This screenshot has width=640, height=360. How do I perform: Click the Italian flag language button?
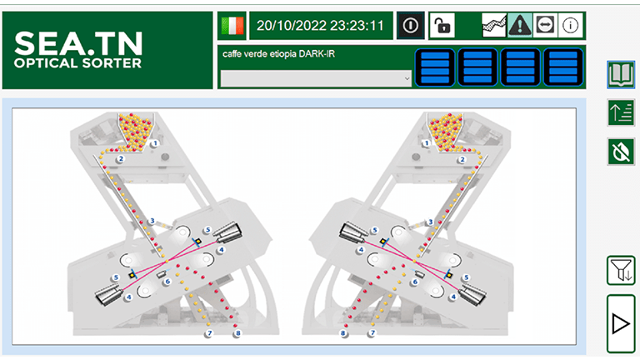point(232,26)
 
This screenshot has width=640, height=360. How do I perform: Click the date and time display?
point(321,26)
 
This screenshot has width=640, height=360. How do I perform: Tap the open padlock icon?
point(442,26)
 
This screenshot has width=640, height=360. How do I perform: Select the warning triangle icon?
point(520,26)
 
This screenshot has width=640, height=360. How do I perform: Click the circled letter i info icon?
point(570,26)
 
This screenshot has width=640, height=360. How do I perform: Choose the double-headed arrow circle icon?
point(545,26)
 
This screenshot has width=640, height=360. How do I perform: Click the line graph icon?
point(494,26)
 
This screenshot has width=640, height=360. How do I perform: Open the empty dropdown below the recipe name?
point(316,79)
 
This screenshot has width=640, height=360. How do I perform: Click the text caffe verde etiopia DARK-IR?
point(279,54)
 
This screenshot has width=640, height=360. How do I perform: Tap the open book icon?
point(621,75)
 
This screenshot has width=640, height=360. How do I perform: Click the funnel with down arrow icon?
point(621,270)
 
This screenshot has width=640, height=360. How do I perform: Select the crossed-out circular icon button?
point(621,152)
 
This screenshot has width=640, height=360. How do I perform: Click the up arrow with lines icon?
point(621,112)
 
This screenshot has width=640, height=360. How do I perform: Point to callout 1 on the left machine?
point(155,143)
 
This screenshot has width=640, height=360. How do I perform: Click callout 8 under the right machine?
point(342,333)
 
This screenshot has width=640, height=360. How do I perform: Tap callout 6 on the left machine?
point(167,282)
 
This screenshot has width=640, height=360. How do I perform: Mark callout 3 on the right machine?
point(430,222)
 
